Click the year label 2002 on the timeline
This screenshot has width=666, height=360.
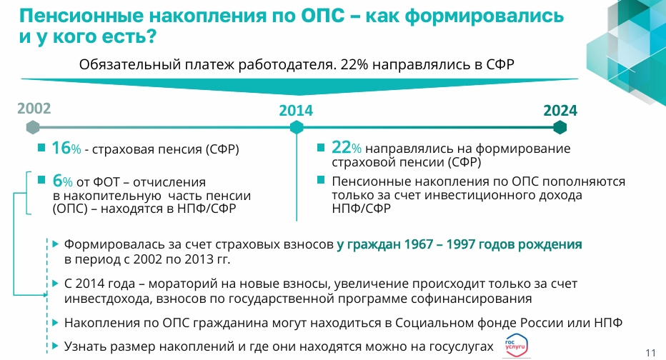[34, 109]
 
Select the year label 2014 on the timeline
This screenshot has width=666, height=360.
[296, 111]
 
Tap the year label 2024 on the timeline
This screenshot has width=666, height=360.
[560, 111]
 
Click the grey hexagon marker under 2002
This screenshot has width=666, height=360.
[33, 127]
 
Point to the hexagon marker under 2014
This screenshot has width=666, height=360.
[297, 127]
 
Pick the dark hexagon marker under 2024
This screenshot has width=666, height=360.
[560, 127]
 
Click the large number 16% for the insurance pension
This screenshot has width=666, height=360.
[66, 148]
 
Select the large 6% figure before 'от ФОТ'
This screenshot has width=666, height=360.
[62, 181]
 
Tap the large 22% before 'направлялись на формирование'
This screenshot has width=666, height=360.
[347, 147]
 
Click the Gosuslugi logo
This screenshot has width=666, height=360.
[516, 345]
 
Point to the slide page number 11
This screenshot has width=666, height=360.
[651, 353]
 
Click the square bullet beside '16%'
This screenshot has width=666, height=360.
[41, 147]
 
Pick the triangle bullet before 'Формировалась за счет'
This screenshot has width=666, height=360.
[55, 244]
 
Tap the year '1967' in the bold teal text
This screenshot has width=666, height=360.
[418, 244]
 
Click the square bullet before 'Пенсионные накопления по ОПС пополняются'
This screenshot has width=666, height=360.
[321, 180]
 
